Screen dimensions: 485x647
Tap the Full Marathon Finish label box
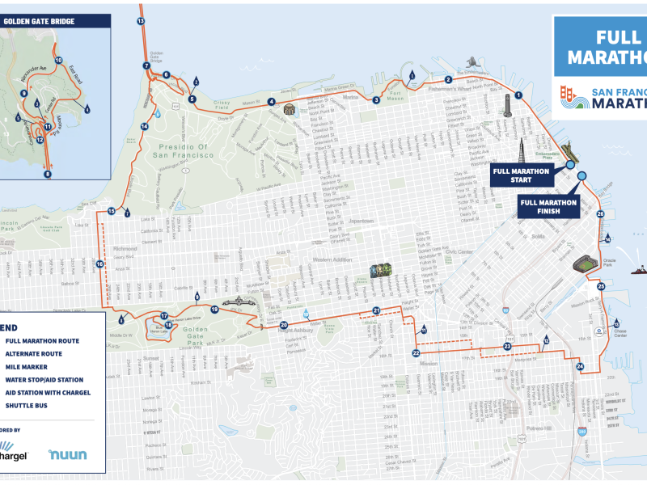[x=549, y=206]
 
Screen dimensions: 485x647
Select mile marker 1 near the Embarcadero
[x=518, y=95]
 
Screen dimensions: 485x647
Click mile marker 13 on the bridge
[x=141, y=20]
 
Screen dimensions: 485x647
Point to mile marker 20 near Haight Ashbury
[x=283, y=325]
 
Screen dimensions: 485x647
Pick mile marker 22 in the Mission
[x=416, y=353]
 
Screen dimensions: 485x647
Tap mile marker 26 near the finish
[x=600, y=214]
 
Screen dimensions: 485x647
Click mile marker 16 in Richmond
[x=100, y=264]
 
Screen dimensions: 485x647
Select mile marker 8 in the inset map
[x=47, y=174]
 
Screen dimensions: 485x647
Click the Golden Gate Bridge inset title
[x=40, y=21]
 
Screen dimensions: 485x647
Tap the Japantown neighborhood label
[x=361, y=221]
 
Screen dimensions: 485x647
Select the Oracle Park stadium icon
[x=586, y=264]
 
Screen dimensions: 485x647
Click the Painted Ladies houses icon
[x=381, y=271]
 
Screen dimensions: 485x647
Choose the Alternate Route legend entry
[x=33, y=353]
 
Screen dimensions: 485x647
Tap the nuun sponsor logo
[x=66, y=454]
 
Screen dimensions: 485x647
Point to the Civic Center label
[x=459, y=251]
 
